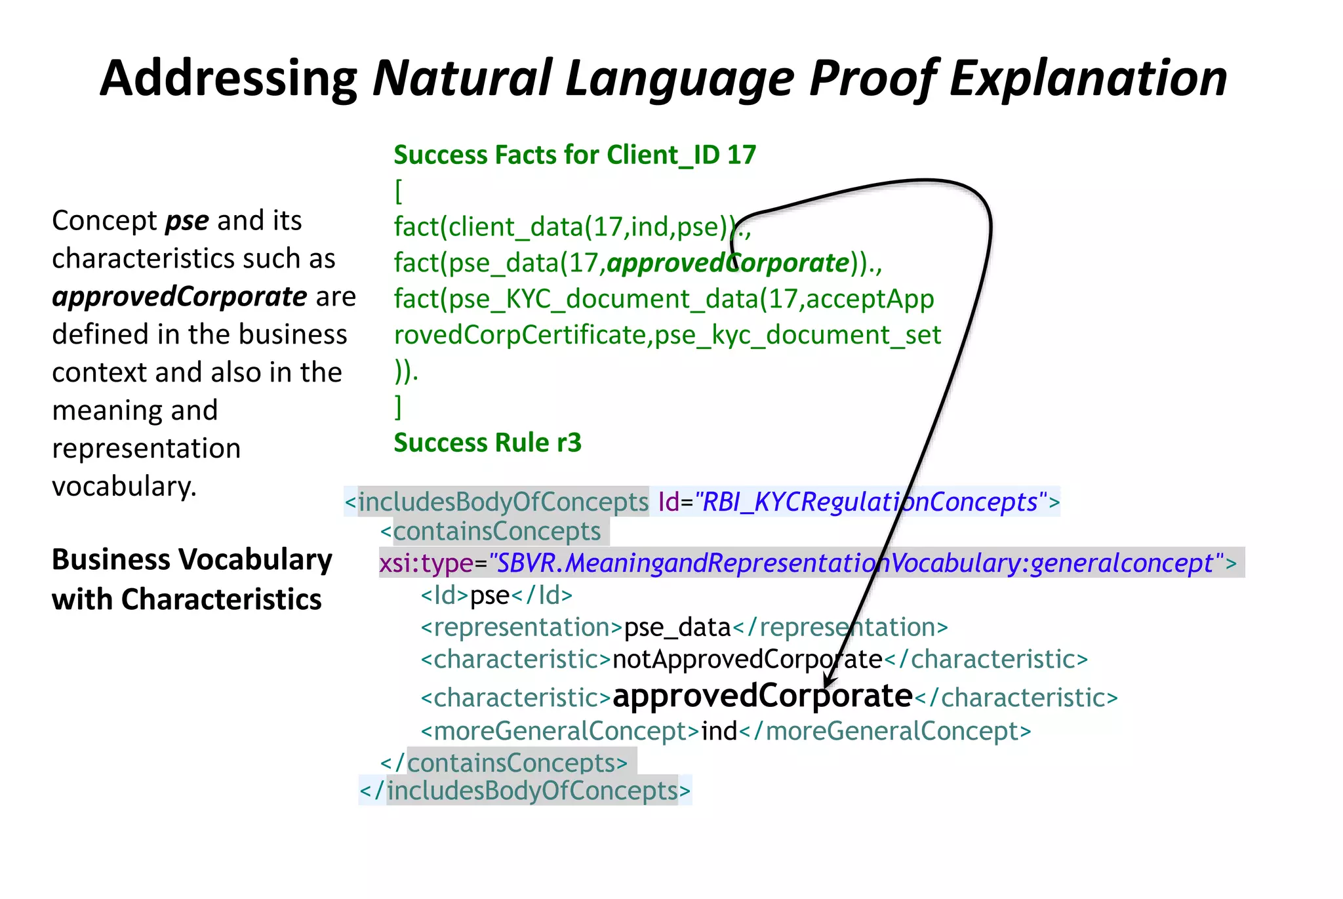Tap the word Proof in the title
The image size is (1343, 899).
pos(872,78)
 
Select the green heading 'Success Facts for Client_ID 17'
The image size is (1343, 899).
pos(574,155)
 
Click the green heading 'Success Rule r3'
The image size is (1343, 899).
pos(487,443)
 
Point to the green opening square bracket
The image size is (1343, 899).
pos(398,191)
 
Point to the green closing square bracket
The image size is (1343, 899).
pos(398,407)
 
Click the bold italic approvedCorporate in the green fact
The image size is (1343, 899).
pos(728,264)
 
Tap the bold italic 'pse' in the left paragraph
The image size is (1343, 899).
pos(187,221)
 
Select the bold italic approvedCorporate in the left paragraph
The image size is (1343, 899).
pos(179,297)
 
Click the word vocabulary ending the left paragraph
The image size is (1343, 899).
pos(124,487)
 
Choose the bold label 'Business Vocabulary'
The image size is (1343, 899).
pos(191,560)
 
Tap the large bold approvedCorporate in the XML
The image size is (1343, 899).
pos(762,696)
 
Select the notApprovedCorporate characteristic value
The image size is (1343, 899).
pos(747,660)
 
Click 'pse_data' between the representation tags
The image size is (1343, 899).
pos(677,628)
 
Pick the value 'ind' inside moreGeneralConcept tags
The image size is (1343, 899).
pos(719,731)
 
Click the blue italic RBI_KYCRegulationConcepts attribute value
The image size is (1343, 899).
pos(870,502)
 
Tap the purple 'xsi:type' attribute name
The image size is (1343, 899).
pos(426,563)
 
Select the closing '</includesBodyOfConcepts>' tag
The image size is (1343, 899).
pos(525,791)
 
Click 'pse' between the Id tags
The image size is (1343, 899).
pos(489,595)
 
